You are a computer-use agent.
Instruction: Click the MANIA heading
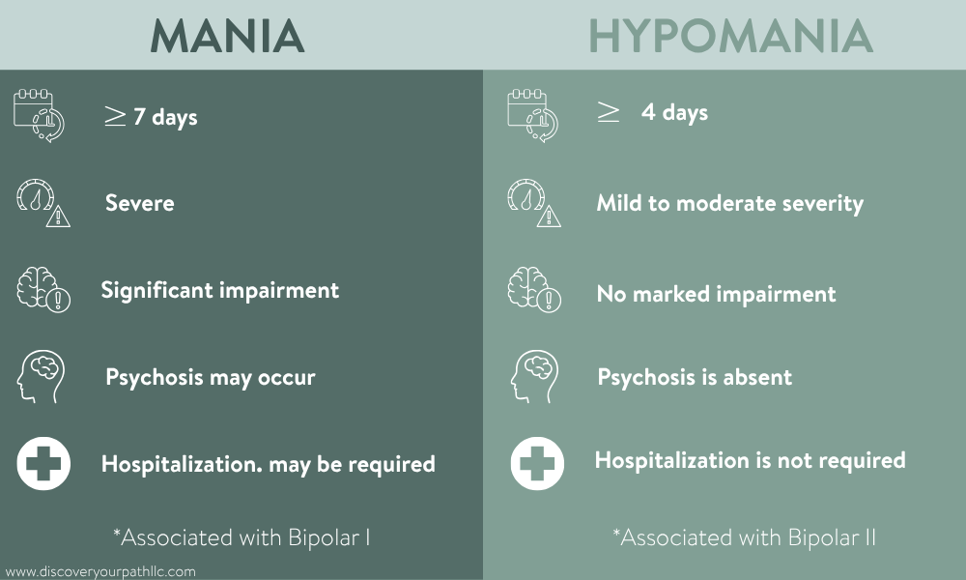click(x=228, y=36)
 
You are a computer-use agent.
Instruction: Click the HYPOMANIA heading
click(x=730, y=36)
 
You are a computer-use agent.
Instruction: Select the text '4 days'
click(x=674, y=113)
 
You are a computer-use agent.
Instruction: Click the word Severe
click(x=140, y=203)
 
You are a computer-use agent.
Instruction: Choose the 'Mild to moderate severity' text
click(x=729, y=203)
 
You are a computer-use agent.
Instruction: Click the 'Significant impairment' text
click(x=220, y=290)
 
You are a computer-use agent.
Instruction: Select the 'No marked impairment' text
click(x=716, y=294)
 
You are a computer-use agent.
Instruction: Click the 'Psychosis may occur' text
click(x=210, y=377)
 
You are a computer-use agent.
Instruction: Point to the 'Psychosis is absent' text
click(x=695, y=377)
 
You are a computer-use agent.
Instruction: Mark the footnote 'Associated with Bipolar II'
click(x=744, y=536)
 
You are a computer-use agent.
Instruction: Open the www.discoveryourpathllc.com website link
click(x=100, y=571)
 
